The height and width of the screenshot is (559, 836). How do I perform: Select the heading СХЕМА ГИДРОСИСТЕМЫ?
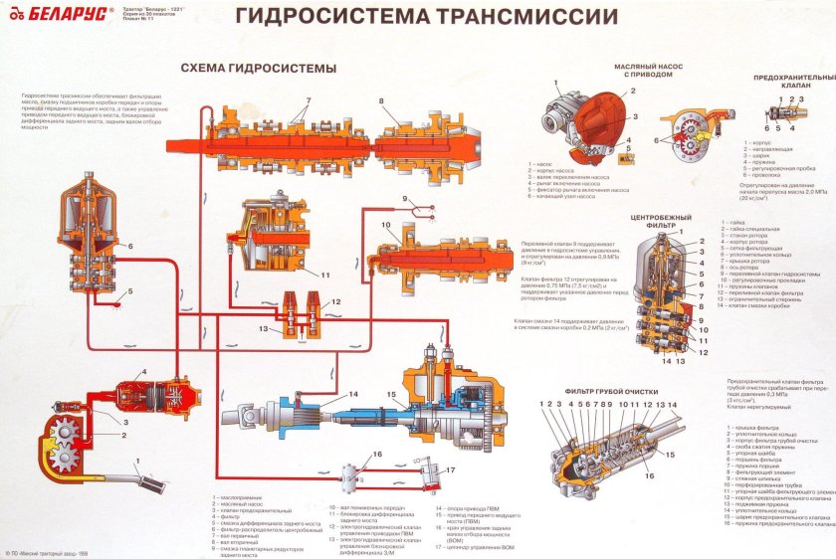click(x=258, y=68)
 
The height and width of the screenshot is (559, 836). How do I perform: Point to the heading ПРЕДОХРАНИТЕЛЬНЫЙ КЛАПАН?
click(x=793, y=83)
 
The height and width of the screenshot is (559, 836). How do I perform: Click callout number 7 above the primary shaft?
click(x=309, y=100)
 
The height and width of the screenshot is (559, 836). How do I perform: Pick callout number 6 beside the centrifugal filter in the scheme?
click(x=130, y=246)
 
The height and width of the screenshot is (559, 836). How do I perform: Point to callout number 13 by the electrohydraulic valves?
click(x=264, y=328)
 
